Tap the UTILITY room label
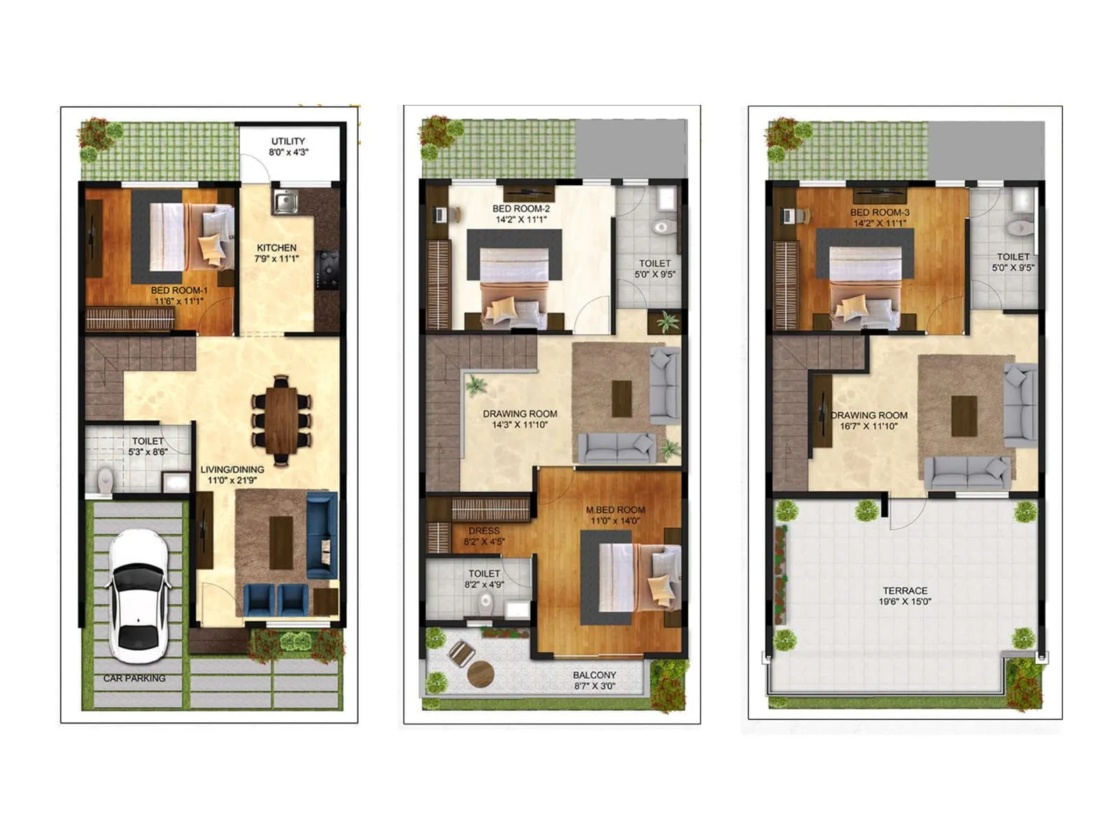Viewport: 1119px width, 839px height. [x=288, y=141]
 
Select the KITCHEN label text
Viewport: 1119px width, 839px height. [x=276, y=248]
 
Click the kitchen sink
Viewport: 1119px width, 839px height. [x=285, y=202]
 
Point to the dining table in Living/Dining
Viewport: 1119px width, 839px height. [x=281, y=419]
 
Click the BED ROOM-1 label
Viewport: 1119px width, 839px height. [x=179, y=290]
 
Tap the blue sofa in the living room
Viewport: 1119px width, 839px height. [x=321, y=534]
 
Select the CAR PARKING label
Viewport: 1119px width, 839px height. [x=134, y=678]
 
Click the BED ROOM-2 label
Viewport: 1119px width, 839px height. [x=521, y=208]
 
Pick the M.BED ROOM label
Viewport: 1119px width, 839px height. [x=615, y=510]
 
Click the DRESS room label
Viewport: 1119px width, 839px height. [x=484, y=531]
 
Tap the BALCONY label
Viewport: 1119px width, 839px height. [x=594, y=675]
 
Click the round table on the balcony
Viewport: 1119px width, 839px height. [x=480, y=674]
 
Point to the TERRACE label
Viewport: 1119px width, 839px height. [x=905, y=590]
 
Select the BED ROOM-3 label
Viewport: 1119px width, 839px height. [x=880, y=212]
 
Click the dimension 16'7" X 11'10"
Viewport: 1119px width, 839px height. [x=869, y=426]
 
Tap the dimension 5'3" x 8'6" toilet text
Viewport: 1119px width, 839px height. [x=148, y=452]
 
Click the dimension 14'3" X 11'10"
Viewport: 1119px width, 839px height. [x=520, y=424]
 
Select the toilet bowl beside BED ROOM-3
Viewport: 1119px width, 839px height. [x=1020, y=228]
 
